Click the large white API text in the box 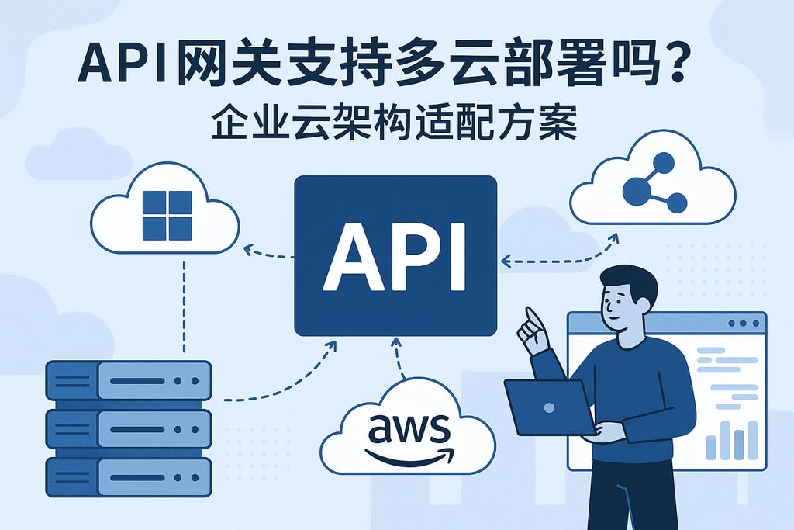coord(395,255)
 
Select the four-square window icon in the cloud coord(167,215)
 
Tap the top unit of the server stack coord(129,380)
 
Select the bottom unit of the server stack coord(129,476)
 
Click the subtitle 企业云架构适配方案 coord(395,123)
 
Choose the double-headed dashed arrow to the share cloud coord(558,256)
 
